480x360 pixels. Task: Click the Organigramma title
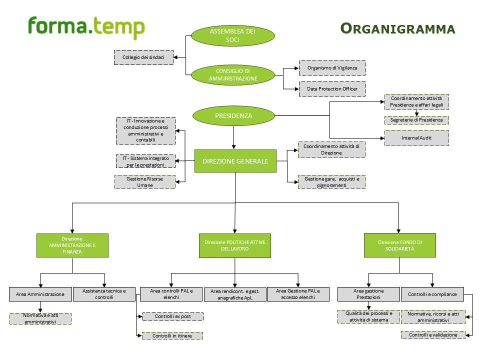click(x=397, y=28)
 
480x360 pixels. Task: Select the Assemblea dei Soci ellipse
click(x=233, y=36)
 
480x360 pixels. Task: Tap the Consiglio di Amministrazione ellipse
click(x=233, y=75)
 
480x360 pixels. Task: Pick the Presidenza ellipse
click(x=233, y=116)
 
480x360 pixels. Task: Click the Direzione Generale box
click(x=235, y=161)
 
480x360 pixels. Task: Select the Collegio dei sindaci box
click(x=143, y=57)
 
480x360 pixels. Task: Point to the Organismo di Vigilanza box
click(x=332, y=67)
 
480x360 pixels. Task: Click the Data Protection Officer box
click(x=332, y=88)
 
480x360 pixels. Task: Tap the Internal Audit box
click(x=416, y=137)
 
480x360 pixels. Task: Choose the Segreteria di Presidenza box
click(x=416, y=120)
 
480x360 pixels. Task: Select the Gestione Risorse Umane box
click(x=145, y=181)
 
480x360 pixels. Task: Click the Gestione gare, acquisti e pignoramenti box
click(x=331, y=181)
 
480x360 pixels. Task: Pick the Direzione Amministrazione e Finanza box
click(x=72, y=245)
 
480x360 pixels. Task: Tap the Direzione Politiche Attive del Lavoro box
click(x=235, y=245)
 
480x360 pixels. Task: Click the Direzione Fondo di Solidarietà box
click(x=399, y=245)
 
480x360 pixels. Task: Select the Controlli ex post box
click(x=173, y=316)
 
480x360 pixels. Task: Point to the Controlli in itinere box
click(x=173, y=336)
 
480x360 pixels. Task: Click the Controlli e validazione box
click(x=433, y=335)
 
